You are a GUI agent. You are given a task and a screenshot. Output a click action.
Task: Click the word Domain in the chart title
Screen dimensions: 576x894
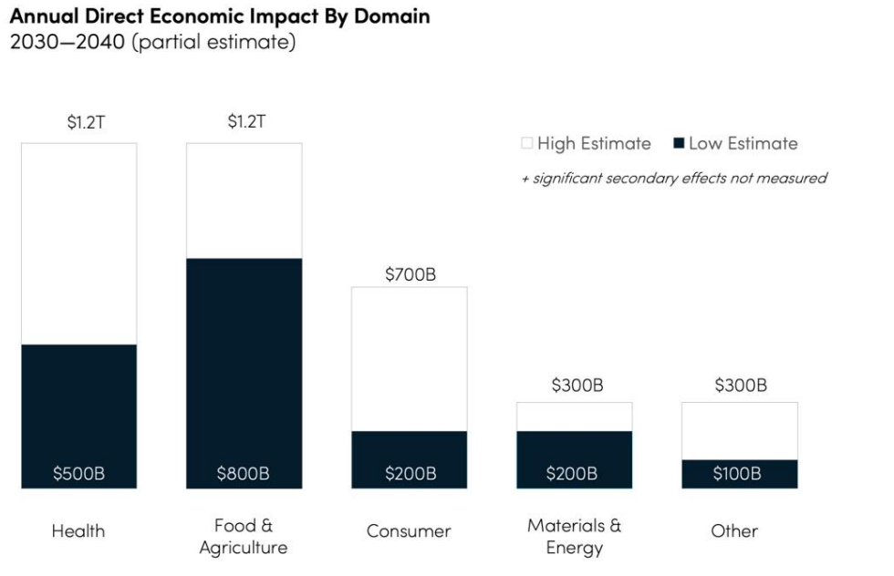(x=391, y=16)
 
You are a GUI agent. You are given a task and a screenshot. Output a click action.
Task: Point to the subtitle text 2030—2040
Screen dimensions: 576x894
(x=68, y=44)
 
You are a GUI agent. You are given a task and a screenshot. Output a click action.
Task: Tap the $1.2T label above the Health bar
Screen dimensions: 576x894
(x=86, y=122)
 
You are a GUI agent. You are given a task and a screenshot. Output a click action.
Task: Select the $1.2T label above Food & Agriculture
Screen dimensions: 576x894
(x=246, y=122)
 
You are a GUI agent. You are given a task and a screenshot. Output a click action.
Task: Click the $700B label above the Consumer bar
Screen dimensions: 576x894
(x=410, y=274)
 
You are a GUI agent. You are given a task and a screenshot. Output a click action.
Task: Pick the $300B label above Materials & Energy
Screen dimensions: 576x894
(x=577, y=386)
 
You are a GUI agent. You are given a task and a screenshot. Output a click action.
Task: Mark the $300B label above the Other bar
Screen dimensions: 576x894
(x=740, y=386)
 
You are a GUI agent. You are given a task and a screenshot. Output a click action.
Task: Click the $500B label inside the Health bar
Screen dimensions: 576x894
(x=79, y=473)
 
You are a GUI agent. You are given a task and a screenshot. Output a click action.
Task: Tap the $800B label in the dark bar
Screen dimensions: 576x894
(x=244, y=473)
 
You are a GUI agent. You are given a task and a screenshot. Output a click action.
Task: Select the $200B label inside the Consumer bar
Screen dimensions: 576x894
(x=410, y=473)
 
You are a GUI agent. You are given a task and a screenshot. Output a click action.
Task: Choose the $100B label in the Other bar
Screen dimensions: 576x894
(x=738, y=473)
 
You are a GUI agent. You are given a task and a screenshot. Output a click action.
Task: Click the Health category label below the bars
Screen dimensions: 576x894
(x=78, y=530)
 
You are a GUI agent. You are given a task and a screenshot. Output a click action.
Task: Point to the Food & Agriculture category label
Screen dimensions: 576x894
(x=244, y=536)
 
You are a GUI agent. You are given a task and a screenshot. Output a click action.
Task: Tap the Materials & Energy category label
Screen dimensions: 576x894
(x=575, y=536)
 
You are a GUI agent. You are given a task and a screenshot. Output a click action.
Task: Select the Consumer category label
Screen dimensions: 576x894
(x=409, y=530)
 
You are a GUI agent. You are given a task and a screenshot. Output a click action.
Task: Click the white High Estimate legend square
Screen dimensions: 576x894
(x=526, y=143)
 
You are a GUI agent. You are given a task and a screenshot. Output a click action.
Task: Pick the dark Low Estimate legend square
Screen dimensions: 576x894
(x=678, y=143)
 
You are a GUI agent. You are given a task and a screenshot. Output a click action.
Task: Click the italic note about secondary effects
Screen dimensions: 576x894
(x=673, y=178)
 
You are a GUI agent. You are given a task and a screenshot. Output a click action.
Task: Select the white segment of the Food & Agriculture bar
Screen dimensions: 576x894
(x=244, y=201)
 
